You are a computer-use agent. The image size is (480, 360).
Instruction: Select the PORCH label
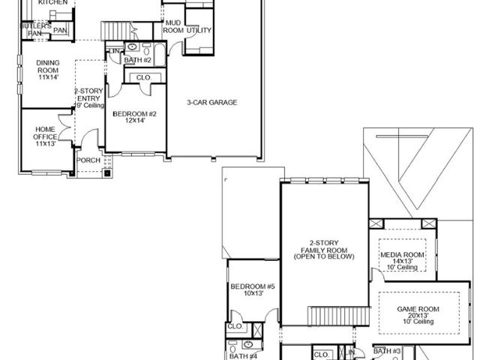point(89,159)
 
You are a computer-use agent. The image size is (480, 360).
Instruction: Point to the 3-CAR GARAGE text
point(212,102)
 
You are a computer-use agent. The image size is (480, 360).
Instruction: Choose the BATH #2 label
point(138,60)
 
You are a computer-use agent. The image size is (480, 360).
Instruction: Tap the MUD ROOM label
point(173,27)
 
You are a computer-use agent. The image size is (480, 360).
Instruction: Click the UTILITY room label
point(199,31)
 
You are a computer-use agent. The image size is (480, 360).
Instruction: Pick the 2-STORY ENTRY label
point(89,94)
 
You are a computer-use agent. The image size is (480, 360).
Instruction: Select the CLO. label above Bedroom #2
point(142,77)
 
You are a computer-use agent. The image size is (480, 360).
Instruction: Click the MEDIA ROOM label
point(402,255)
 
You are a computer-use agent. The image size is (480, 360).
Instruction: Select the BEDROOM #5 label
point(253,286)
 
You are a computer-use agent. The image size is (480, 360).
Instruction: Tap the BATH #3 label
point(388,351)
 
